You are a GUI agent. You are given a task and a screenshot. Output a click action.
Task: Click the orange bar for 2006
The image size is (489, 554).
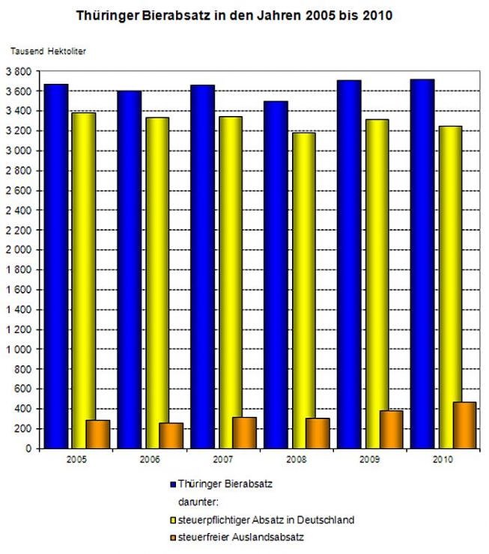pos(171,436)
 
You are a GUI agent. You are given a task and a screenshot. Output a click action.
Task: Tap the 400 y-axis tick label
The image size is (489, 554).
pos(22,409)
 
